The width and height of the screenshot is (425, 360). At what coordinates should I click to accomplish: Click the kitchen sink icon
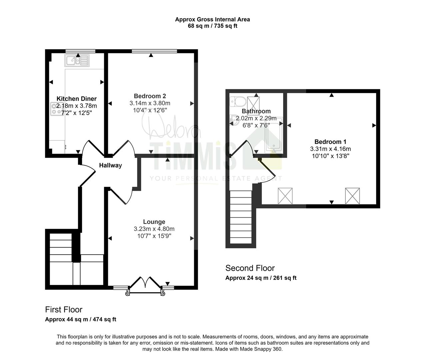[77, 60]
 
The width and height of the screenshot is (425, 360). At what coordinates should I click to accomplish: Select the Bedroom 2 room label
[150, 96]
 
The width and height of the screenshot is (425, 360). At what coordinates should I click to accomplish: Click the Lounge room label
[154, 222]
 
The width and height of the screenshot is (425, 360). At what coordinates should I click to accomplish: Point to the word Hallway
[111, 165]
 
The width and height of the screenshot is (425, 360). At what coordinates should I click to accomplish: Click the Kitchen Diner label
[77, 99]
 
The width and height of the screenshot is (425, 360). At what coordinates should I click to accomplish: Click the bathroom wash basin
[234, 120]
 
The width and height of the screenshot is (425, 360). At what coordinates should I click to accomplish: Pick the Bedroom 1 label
[330, 142]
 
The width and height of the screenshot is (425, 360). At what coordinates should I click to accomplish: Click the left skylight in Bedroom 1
[285, 196]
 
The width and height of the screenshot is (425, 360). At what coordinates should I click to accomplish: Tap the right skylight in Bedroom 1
[352, 196]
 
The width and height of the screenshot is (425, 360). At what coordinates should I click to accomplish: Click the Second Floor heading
[250, 268]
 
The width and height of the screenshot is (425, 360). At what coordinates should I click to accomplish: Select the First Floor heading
[64, 310]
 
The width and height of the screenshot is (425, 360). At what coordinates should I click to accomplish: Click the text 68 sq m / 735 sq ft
[212, 26]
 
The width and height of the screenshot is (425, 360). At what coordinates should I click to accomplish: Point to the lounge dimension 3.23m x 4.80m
[154, 229]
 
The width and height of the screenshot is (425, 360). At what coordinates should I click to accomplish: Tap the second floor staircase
[241, 217]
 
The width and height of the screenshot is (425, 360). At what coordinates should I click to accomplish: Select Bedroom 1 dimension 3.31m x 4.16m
[330, 149]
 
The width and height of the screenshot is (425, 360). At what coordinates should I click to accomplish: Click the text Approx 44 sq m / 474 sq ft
[81, 319]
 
